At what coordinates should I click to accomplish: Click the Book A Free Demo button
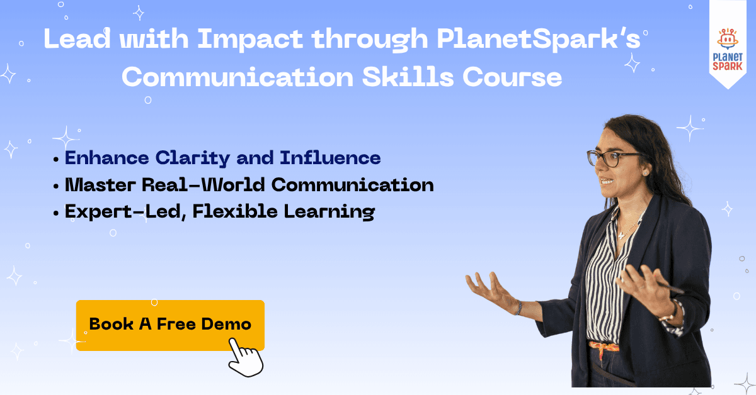170,325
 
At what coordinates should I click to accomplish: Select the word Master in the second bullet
98,185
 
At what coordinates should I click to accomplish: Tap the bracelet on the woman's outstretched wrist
518,308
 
